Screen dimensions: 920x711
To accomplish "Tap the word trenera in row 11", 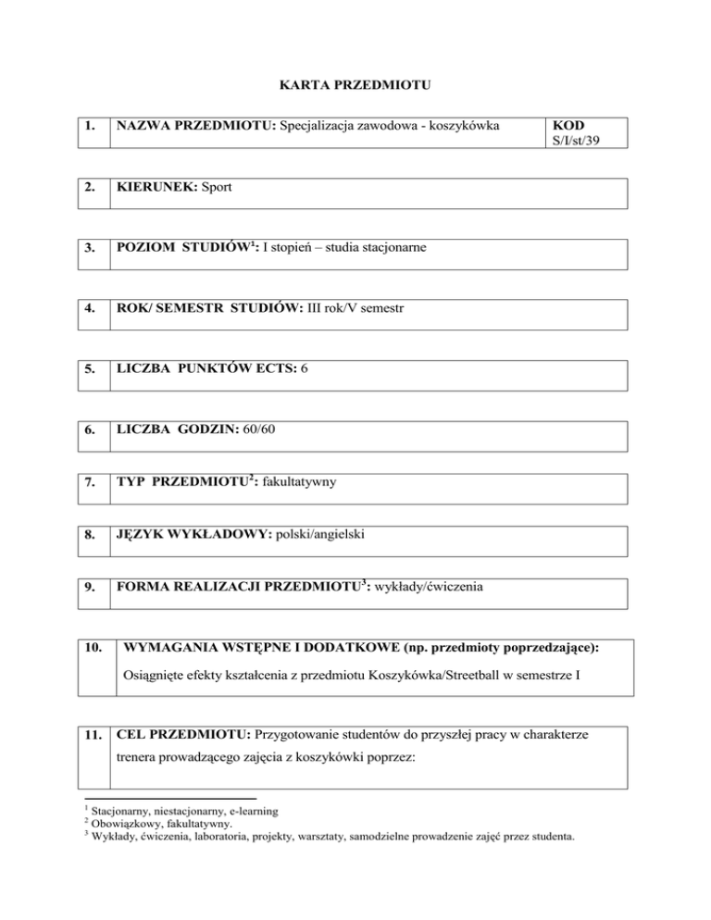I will click(x=136, y=766).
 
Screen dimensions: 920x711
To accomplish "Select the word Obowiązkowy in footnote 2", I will click(x=124, y=824).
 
